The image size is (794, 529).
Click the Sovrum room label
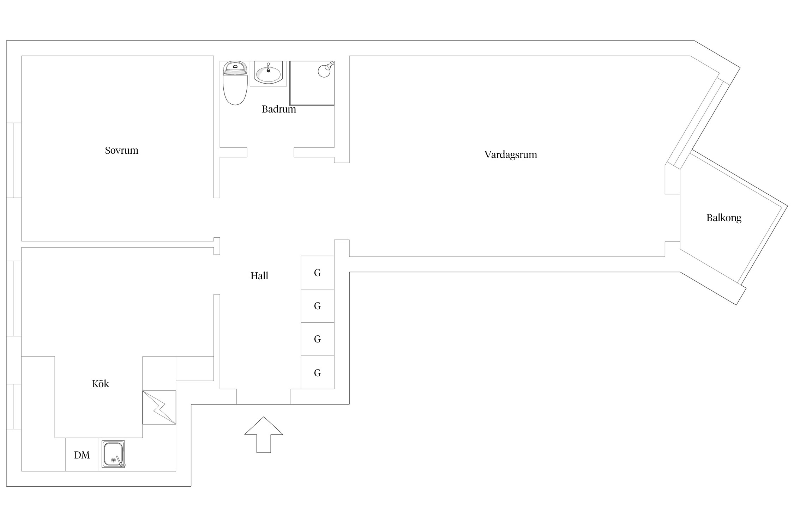coord(121,151)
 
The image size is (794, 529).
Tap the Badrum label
coord(279,109)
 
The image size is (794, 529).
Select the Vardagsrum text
coord(511,155)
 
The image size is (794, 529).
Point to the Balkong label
coord(724,218)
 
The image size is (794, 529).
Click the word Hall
coord(259,276)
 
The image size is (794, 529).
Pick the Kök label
coord(101,384)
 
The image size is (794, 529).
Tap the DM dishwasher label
coord(82,455)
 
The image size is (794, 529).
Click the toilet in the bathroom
coord(235,83)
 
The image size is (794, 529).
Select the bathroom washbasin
coord(268,73)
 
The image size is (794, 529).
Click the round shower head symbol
coord(325,70)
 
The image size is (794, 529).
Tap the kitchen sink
coord(113,454)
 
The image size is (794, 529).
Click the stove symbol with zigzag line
coord(159,407)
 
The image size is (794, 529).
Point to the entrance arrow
coord(264,434)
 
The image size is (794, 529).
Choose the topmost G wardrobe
coord(318,273)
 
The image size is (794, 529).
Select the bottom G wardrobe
coord(318,372)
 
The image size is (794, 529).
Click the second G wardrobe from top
coord(318,306)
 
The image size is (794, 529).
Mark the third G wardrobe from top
coord(318,339)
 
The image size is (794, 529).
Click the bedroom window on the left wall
coord(14,160)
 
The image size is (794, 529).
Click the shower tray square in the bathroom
coord(312,83)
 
